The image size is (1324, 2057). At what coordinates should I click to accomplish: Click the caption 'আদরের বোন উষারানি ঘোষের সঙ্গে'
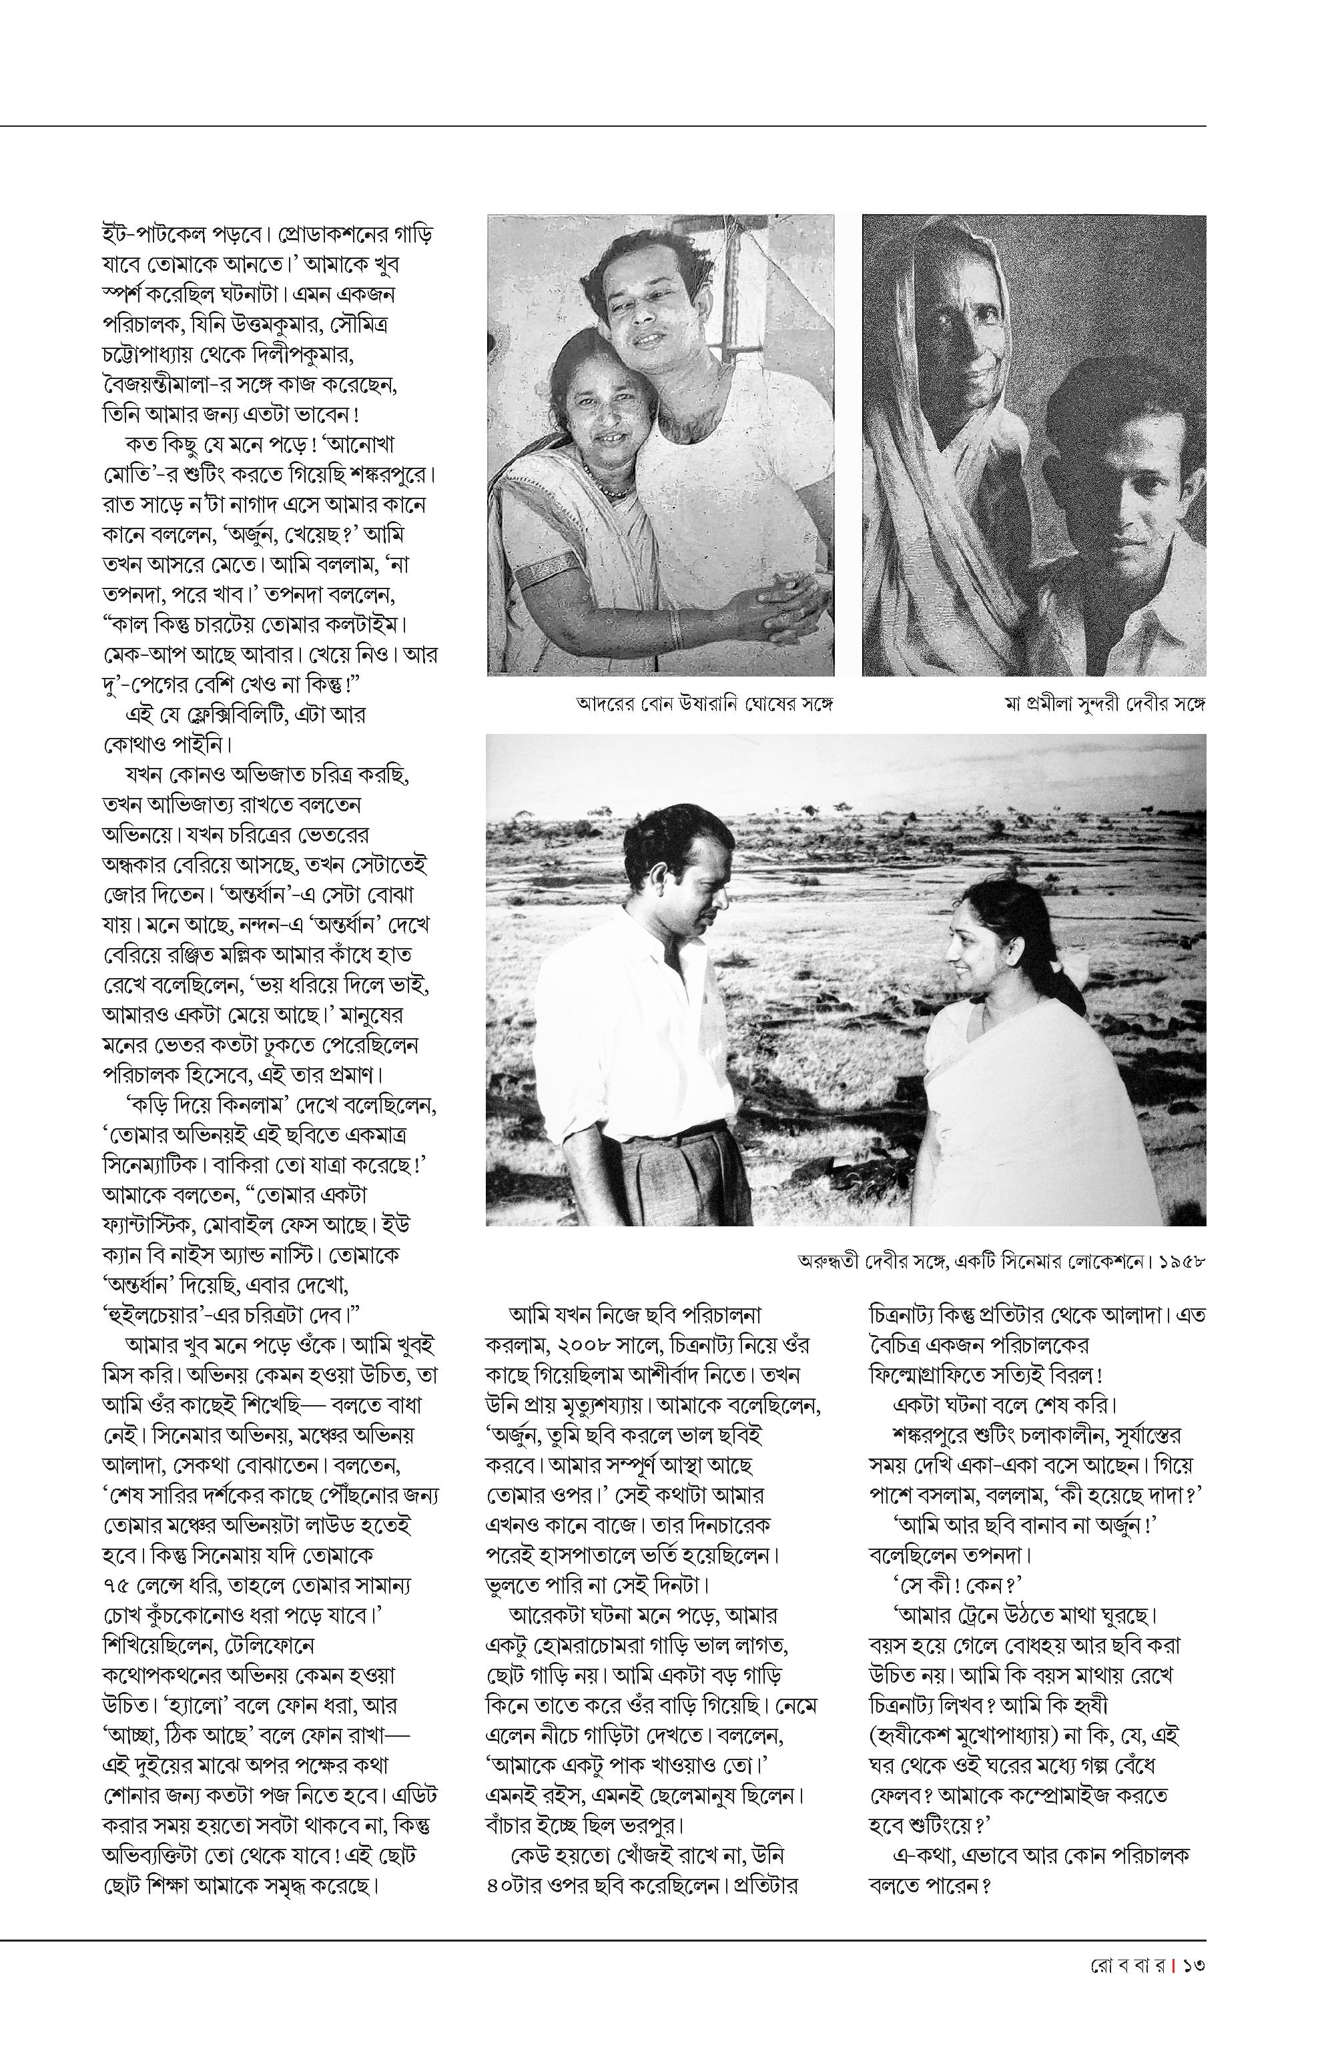tap(705, 704)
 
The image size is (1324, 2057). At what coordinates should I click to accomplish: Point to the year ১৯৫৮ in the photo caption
tap(1181, 1262)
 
